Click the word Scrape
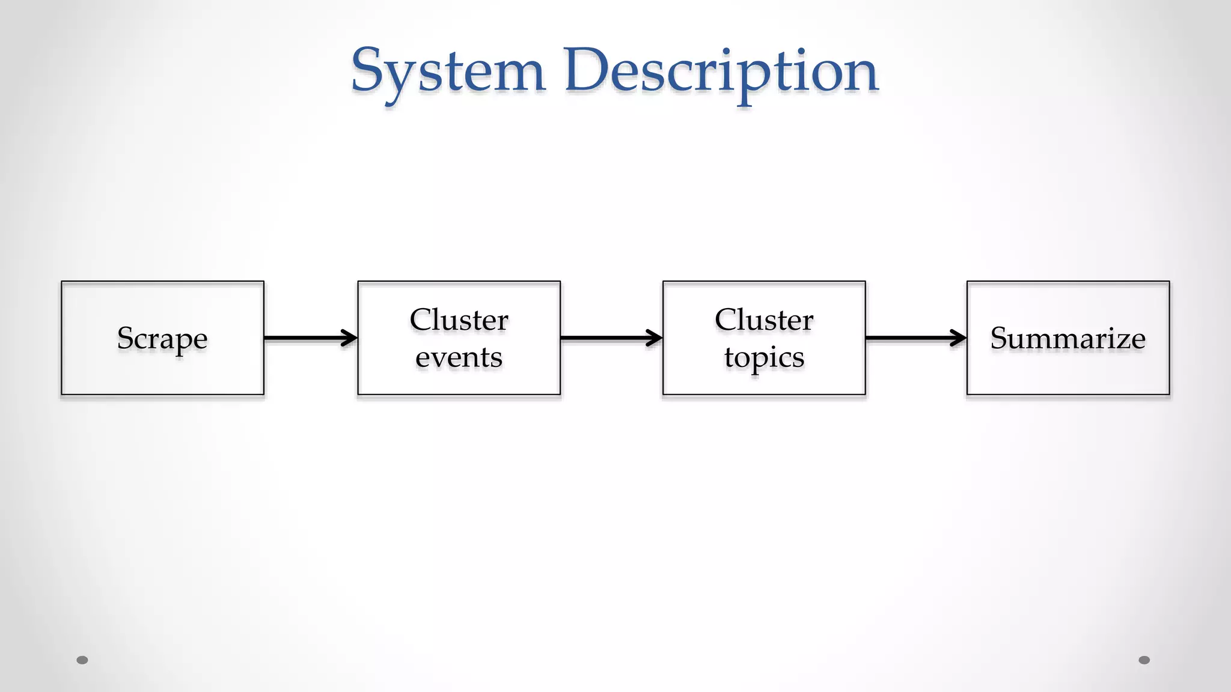click(x=162, y=338)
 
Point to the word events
click(x=459, y=357)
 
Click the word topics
click(x=764, y=358)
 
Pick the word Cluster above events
click(x=459, y=320)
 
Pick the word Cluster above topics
click(x=764, y=320)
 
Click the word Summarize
click(x=1068, y=338)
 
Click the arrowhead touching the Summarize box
click(x=959, y=338)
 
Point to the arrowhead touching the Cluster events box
click(x=350, y=338)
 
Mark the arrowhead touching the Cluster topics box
click(x=655, y=338)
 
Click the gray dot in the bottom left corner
click(x=82, y=660)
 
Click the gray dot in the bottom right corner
click(x=1144, y=660)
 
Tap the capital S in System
click(x=368, y=70)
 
